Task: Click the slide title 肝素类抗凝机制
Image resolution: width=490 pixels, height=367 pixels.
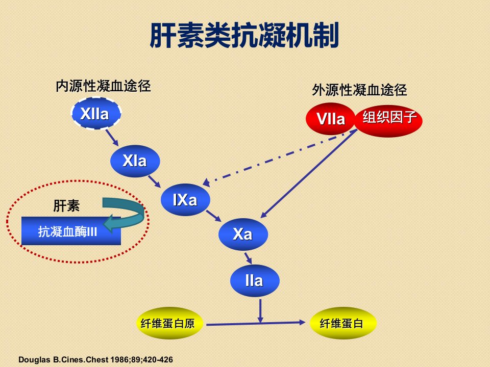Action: click(244, 35)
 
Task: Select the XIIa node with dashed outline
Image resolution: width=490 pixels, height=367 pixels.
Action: click(96, 113)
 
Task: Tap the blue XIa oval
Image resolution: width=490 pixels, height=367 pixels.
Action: click(135, 161)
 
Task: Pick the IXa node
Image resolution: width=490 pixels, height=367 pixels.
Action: click(185, 200)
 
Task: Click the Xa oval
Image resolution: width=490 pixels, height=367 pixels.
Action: click(243, 234)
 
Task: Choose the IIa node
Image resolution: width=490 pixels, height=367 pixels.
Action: click(255, 280)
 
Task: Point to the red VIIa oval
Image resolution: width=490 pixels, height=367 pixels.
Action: click(331, 119)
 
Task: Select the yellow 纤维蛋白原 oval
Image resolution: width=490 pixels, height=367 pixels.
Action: click(169, 323)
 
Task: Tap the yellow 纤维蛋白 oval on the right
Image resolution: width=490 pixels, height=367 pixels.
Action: click(343, 323)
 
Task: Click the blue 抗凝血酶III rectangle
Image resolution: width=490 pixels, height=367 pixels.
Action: click(71, 231)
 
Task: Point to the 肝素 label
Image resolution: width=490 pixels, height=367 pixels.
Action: click(66, 205)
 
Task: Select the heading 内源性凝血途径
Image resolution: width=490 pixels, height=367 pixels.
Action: click(103, 86)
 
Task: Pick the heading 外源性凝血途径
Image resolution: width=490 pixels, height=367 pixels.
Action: click(359, 90)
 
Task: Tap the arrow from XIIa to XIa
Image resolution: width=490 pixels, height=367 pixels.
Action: click(112, 138)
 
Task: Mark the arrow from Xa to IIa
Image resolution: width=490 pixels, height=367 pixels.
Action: click(248, 258)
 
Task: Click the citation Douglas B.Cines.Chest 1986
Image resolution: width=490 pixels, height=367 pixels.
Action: click(95, 359)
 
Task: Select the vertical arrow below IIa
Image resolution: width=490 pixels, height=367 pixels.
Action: click(260, 311)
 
